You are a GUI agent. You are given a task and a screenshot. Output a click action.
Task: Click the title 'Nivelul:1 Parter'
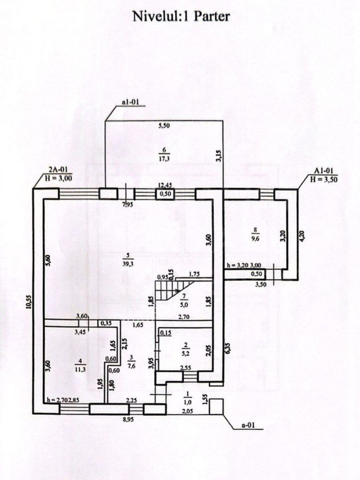point(181,16)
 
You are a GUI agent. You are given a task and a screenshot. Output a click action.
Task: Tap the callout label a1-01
point(130,102)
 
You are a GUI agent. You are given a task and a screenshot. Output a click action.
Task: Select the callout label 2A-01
point(58,169)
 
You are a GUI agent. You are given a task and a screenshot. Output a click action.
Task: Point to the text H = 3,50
point(324,180)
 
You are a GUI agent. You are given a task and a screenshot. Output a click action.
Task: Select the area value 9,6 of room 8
point(255,240)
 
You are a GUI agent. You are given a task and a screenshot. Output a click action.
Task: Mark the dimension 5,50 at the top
point(164,125)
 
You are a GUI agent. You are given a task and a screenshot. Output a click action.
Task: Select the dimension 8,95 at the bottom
point(128,420)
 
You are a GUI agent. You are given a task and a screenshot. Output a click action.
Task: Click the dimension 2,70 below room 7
point(184,317)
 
